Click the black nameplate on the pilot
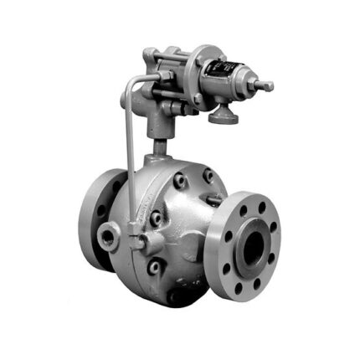(x=219, y=72)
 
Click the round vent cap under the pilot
(x=224, y=116)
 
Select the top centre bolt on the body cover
(x=180, y=179)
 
